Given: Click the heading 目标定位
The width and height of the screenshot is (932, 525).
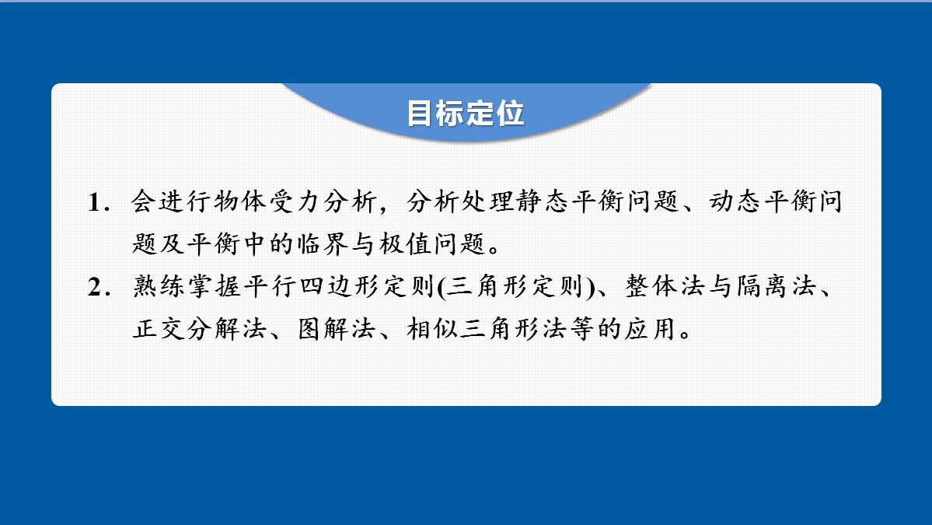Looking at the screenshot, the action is click(466, 113).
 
